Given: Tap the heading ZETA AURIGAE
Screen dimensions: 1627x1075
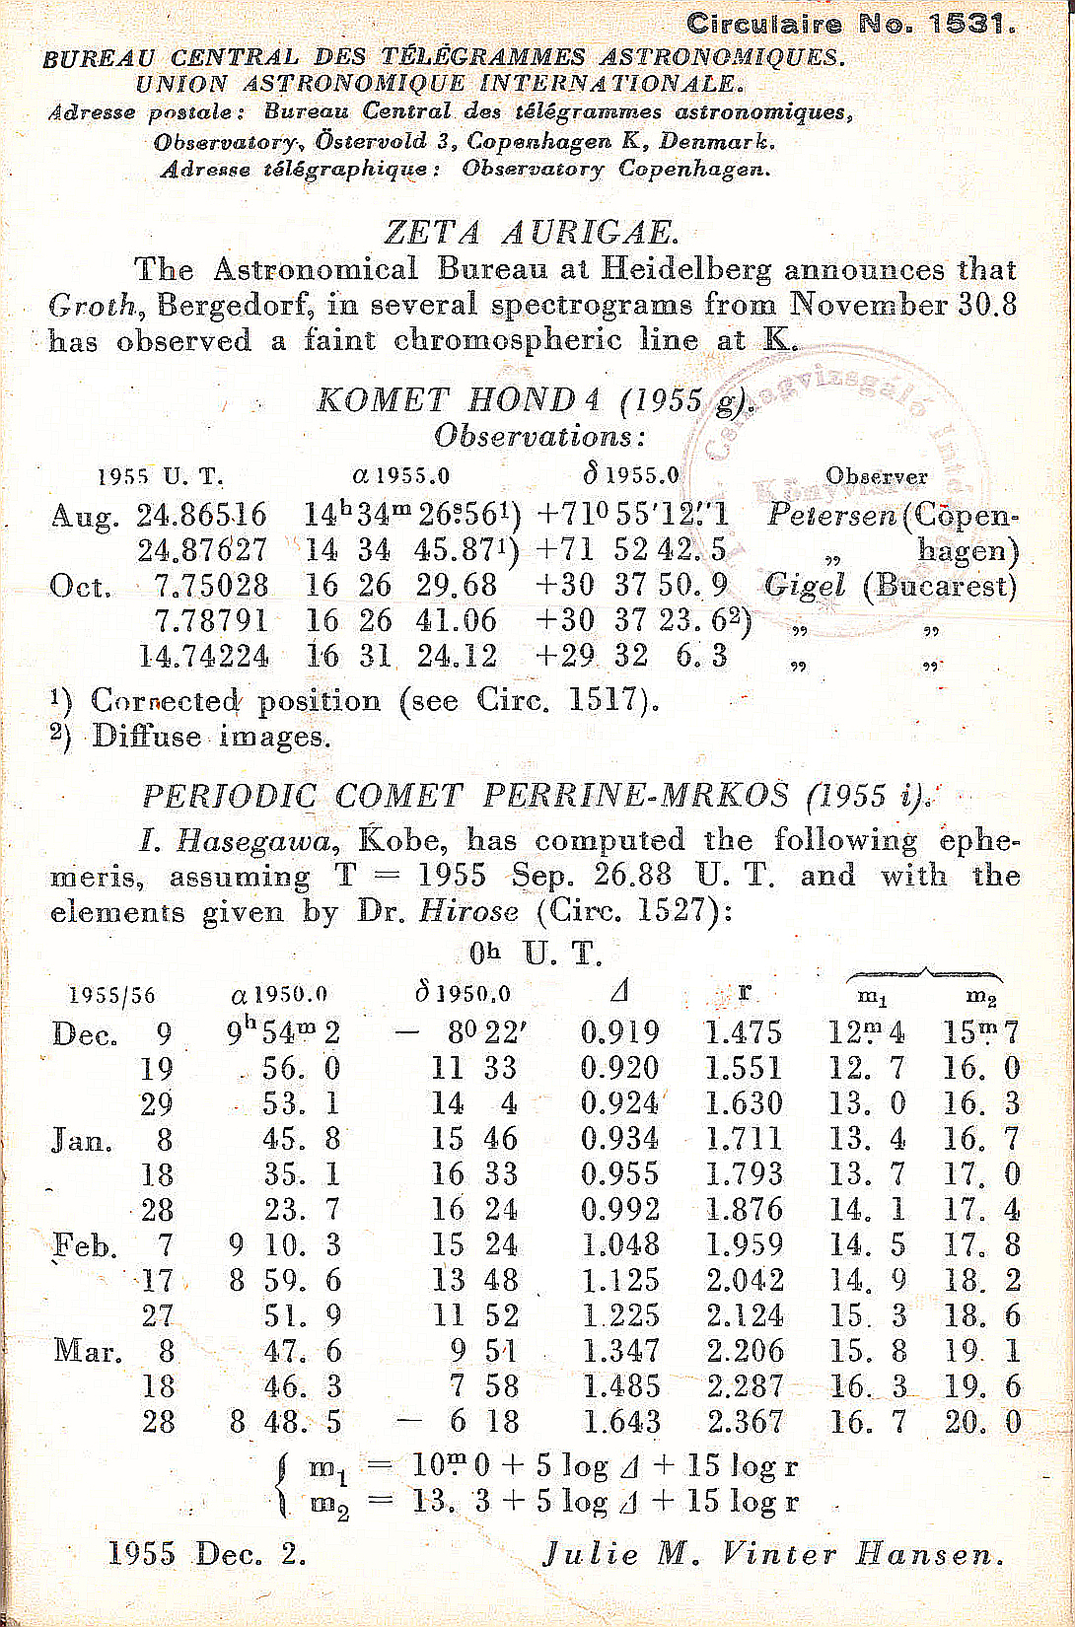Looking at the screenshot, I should point(531,233).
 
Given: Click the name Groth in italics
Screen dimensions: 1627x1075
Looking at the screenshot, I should point(92,305).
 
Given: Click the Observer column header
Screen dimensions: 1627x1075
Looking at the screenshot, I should point(876,476).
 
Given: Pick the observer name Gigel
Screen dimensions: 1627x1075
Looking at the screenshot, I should point(804,586).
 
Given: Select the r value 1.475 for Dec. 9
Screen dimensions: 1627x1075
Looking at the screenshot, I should point(744,1032).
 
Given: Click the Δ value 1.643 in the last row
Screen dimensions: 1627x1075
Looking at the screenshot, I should point(620,1422).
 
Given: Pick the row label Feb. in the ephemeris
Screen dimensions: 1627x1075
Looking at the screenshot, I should point(85,1246).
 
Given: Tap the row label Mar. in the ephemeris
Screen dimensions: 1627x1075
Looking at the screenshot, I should point(88,1351).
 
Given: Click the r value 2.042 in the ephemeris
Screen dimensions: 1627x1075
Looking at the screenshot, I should point(745,1281).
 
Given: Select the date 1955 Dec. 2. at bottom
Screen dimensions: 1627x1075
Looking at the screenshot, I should point(207,1555).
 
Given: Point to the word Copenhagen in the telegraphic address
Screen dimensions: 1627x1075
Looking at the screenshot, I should point(694,169).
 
